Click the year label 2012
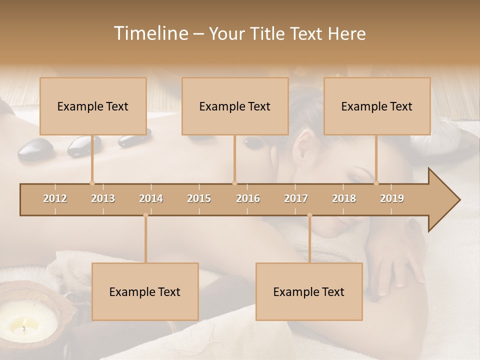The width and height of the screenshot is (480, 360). tap(55, 198)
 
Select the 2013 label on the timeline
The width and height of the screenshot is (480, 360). tap(103, 198)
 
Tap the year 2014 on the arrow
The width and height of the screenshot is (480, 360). tap(151, 198)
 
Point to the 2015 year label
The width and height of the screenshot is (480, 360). tap(199, 198)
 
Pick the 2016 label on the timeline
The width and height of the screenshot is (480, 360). tap(248, 198)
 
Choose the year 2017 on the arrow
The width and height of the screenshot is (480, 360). tap(296, 198)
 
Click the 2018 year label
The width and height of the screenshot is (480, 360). tap(344, 198)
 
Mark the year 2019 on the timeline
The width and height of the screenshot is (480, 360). tap(392, 198)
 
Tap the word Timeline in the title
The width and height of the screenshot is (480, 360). tap(150, 33)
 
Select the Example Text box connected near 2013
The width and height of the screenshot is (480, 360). tap(93, 106)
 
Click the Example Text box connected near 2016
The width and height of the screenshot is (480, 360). tap(235, 106)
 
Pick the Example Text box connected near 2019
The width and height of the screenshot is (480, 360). tap(377, 106)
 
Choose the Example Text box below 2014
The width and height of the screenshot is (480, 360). tap(145, 291)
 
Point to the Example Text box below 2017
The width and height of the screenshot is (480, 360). tap(309, 291)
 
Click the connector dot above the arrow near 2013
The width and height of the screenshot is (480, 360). tap(92, 183)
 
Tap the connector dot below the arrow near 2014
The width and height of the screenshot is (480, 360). tap(145, 215)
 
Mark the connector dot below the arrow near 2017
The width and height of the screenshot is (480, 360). tap(309, 215)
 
